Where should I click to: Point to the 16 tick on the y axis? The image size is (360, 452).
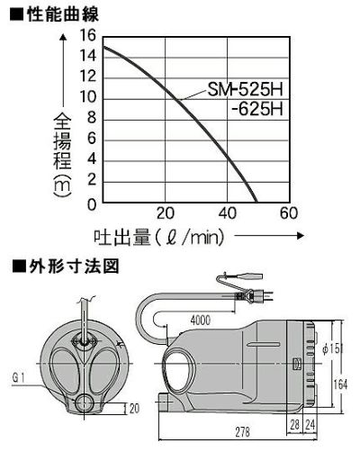tap(87, 35)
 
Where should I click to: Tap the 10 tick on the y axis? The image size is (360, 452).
tap(87, 98)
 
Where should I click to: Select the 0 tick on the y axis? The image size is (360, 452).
tap(91, 203)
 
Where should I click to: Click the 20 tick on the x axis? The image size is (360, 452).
tap(165, 214)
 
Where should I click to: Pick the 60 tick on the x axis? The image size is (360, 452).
tap(288, 214)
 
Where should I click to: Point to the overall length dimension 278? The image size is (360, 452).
tap(243, 433)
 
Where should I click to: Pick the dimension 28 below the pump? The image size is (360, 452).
tap(295, 421)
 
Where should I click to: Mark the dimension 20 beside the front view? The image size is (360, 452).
tap(134, 408)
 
